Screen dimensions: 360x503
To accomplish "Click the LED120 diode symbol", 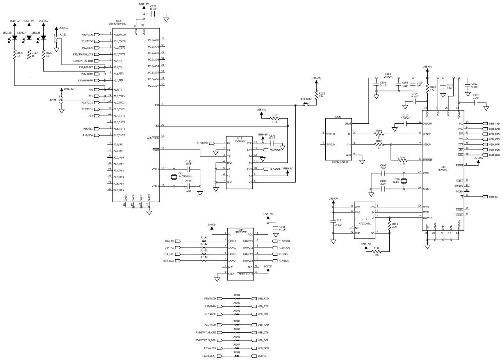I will point(14,38).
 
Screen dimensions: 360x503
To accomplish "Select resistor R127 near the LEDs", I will point(29,55).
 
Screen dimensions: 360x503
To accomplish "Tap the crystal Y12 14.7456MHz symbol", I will point(174,178).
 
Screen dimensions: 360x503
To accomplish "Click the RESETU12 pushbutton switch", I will point(306,105).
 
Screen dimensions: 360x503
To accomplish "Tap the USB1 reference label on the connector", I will point(338,116).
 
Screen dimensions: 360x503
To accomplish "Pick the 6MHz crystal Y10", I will point(405,180).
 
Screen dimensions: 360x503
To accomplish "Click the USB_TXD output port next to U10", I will point(491,123).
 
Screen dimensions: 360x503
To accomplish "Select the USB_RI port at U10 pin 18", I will point(491,197).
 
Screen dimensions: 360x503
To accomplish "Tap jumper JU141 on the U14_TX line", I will point(203,241).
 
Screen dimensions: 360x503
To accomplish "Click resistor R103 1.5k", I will point(402,159).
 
